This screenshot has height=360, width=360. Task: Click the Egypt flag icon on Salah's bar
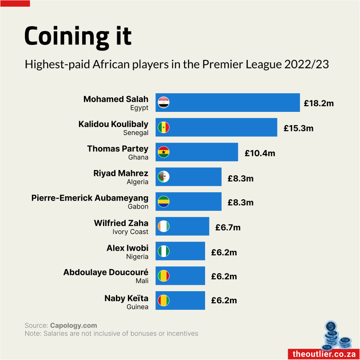click(x=164, y=103)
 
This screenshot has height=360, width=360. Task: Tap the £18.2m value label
click(x=318, y=103)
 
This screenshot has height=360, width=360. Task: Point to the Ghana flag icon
click(x=164, y=152)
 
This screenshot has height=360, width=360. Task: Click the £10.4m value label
click(x=260, y=153)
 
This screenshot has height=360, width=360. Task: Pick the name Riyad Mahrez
click(x=121, y=173)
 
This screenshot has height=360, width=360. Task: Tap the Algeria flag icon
click(x=164, y=177)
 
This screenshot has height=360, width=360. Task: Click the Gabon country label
click(x=138, y=206)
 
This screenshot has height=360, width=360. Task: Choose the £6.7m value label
click(x=228, y=227)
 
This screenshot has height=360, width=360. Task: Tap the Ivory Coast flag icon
click(x=164, y=226)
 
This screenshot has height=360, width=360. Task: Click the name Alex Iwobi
click(x=127, y=248)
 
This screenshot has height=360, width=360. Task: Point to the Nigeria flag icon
click(x=164, y=251)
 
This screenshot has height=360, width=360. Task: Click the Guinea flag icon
click(x=164, y=301)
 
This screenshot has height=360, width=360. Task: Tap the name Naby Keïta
click(x=126, y=298)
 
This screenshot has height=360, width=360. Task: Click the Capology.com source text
click(x=73, y=325)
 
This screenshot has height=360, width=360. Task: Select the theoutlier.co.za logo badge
click(x=323, y=354)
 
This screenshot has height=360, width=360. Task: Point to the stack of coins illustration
click(x=335, y=335)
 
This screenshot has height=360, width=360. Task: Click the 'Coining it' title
click(x=78, y=36)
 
